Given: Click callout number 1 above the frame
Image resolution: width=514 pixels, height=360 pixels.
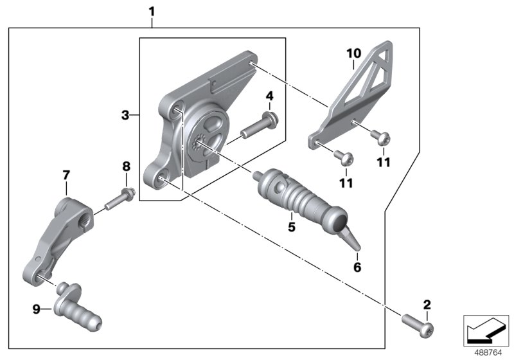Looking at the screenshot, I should [152, 11].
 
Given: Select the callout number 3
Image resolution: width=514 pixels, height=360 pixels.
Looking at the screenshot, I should [126, 115].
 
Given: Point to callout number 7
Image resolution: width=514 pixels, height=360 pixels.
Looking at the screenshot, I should [66, 175].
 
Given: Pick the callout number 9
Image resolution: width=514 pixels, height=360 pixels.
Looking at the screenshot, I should [37, 309].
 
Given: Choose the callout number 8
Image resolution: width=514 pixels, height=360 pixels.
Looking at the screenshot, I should [126, 166].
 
